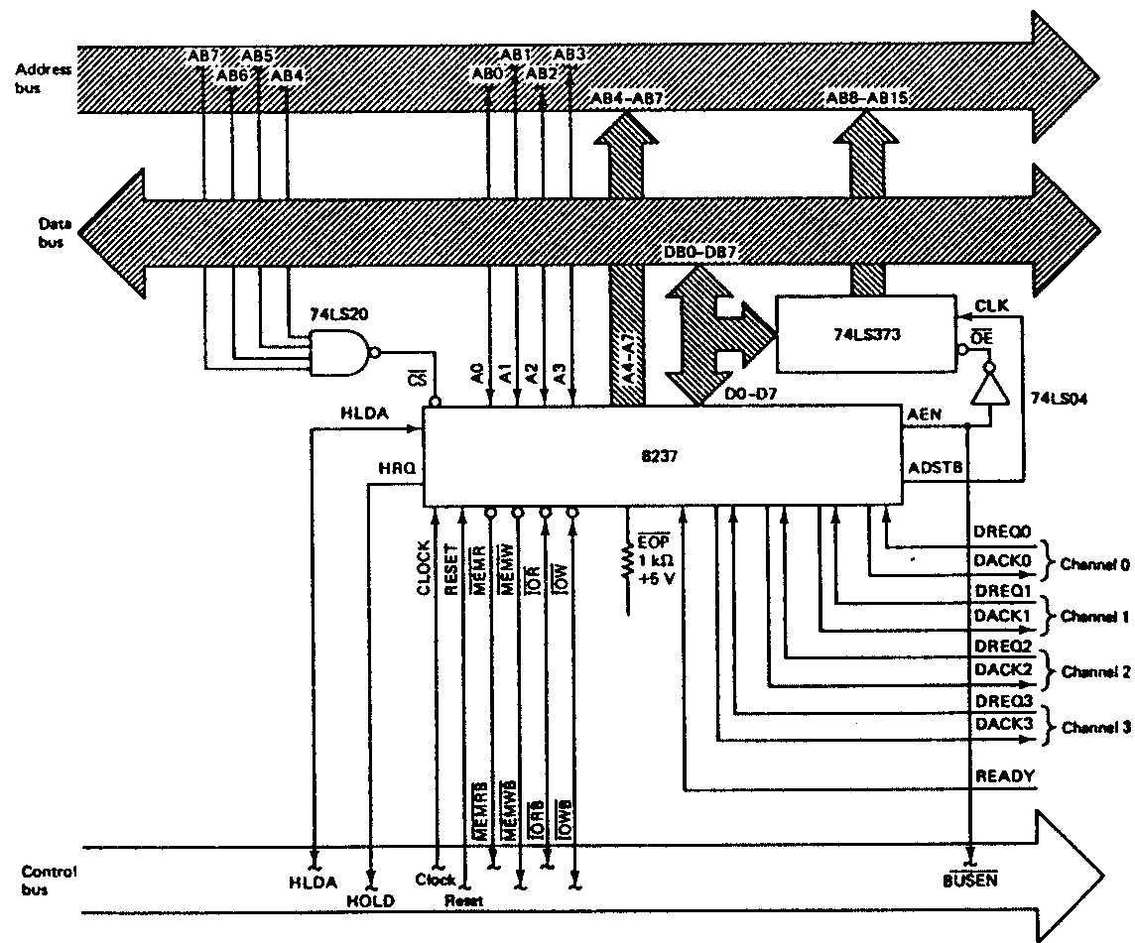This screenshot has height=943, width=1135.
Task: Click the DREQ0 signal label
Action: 1004,533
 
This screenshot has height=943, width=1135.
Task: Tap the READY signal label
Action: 1006,776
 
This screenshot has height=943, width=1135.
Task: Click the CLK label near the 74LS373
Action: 992,306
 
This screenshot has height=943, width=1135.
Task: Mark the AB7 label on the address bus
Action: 202,57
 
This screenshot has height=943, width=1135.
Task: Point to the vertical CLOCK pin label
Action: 424,568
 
